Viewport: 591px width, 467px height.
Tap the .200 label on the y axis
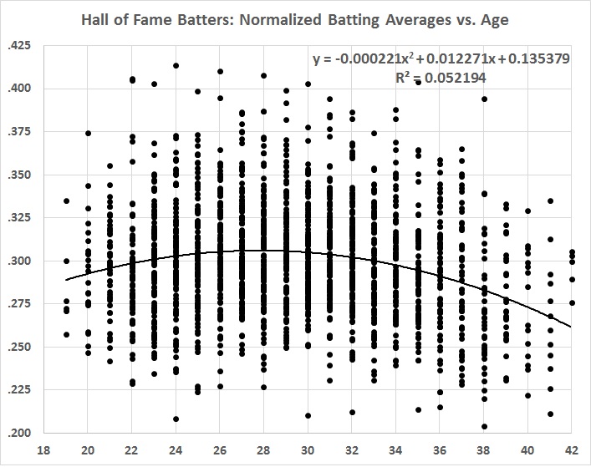(x=18, y=433)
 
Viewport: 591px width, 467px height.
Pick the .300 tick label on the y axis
(x=18, y=261)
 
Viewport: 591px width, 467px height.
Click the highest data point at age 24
(x=176, y=66)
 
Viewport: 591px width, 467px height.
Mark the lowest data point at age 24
(x=176, y=419)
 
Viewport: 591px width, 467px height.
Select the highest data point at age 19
(x=67, y=201)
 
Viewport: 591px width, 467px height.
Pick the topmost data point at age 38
(x=484, y=99)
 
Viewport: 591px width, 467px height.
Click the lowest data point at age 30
(x=308, y=415)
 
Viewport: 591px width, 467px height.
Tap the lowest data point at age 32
(x=353, y=412)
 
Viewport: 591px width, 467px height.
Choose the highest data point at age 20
(x=89, y=134)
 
